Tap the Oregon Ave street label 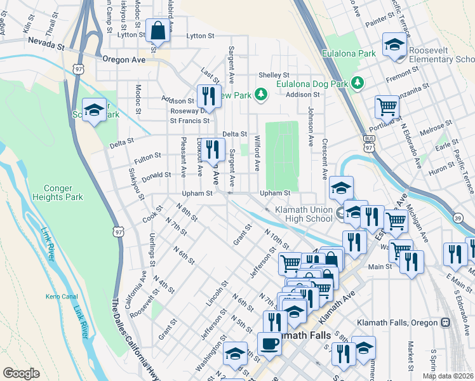tap(124, 60)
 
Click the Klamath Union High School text tap(304, 214)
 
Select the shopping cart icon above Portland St tap(387, 106)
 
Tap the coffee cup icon tap(270, 344)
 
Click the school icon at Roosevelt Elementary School tap(394, 45)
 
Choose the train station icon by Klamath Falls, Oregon tap(446, 323)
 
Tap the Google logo tap(21, 373)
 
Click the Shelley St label tap(274, 74)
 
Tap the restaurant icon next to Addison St tap(206, 96)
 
